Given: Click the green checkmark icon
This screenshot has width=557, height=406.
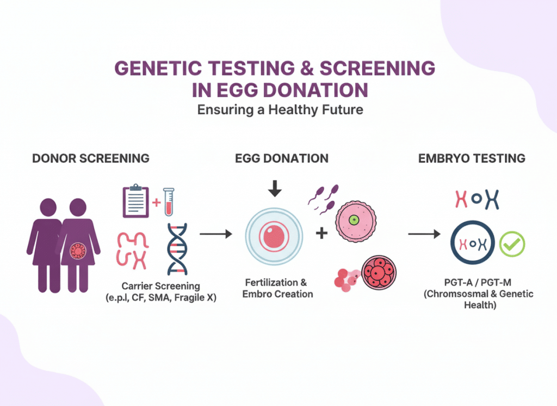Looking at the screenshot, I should click(512, 245).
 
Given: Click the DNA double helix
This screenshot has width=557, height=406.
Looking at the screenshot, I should click(178, 248).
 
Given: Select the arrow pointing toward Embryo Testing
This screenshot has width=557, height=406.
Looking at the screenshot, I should click(424, 234).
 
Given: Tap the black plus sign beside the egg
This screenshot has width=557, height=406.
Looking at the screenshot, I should click(322, 233).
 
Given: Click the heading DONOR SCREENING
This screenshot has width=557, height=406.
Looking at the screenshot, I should click(91, 159).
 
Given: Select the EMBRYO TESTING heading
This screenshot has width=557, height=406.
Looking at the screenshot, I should click(472, 159).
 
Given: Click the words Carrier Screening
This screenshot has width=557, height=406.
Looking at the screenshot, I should click(168, 286).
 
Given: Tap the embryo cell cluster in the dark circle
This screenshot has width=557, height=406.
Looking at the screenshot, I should click(379, 272).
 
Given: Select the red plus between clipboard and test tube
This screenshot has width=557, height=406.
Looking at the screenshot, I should click(156, 203).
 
